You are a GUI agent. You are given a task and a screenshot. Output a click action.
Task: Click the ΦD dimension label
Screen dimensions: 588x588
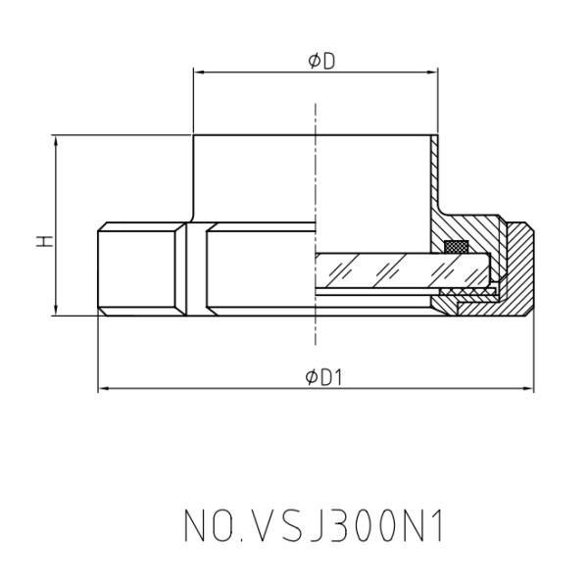316,61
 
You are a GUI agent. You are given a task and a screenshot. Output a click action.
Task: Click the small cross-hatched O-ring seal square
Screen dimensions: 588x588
455,246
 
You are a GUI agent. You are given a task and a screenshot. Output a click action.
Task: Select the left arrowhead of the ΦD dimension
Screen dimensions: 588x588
199,72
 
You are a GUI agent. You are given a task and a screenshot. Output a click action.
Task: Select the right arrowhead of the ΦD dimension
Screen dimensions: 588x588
434,72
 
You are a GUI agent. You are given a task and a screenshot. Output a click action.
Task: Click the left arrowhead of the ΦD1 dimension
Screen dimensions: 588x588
104,390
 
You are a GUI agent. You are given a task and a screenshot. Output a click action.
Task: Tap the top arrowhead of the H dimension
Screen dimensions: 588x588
56,140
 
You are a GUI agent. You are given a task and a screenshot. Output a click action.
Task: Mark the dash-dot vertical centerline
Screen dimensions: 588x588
316,196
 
